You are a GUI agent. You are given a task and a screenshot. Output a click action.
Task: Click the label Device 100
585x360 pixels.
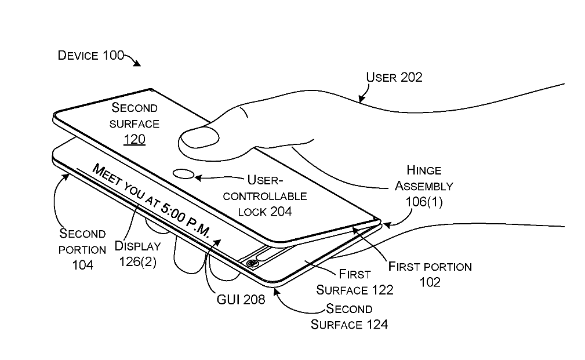pyautogui.click(x=91, y=56)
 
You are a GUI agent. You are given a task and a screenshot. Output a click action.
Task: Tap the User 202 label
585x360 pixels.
pyautogui.click(x=394, y=77)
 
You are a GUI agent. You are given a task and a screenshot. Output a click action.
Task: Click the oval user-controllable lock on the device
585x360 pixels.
pyautogui.click(x=184, y=173)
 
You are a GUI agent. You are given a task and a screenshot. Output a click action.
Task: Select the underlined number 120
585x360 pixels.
pyautogui.click(x=135, y=139)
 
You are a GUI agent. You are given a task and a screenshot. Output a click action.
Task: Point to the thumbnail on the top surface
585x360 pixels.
pyautogui.click(x=200, y=139)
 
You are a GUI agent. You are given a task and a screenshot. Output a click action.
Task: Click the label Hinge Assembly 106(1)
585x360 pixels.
pyautogui.click(x=424, y=186)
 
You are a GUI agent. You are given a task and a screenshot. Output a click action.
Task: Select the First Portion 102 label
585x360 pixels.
pyautogui.click(x=430, y=274)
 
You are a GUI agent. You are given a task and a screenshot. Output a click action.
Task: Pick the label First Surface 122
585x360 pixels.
pyautogui.click(x=355, y=282)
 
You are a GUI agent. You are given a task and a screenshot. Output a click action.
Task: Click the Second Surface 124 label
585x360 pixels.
pyautogui.click(x=349, y=317)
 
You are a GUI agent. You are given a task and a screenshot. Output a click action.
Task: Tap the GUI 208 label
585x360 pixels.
pyautogui.click(x=241, y=300)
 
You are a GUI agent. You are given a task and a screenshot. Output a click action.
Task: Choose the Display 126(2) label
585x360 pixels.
pyautogui.click(x=137, y=253)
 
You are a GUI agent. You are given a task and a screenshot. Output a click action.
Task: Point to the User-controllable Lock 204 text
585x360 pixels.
pyautogui.click(x=265, y=196)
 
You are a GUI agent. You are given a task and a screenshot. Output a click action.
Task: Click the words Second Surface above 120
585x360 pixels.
pyautogui.click(x=135, y=115)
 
